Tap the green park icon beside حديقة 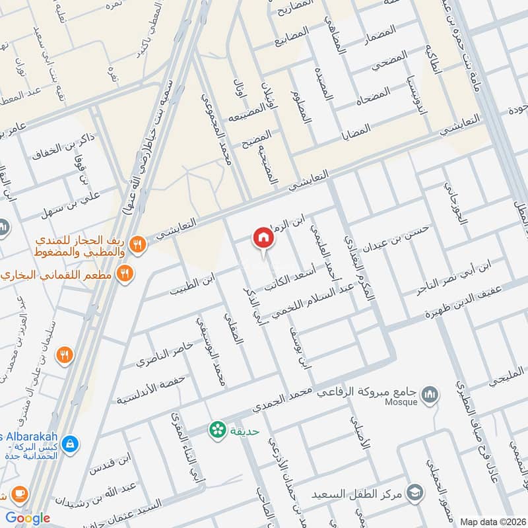click(215, 430)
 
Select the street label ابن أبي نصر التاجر click(455, 276)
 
